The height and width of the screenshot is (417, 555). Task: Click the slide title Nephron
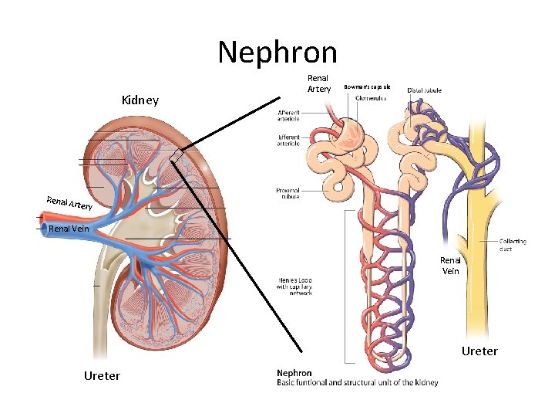(277, 53)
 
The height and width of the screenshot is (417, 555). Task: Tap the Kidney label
(140, 100)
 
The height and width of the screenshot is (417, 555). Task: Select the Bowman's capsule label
(367, 86)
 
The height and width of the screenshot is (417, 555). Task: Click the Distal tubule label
(424, 90)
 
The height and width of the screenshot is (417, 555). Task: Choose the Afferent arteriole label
(288, 116)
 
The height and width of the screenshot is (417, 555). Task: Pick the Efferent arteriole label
(288, 141)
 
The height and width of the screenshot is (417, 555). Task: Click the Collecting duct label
(513, 245)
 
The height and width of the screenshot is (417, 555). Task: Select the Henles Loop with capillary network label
(294, 286)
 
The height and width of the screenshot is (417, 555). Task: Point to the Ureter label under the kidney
(101, 375)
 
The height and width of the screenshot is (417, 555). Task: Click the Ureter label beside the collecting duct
(479, 351)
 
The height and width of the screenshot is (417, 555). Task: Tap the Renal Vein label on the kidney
(69, 229)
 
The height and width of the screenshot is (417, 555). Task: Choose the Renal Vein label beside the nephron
(450, 265)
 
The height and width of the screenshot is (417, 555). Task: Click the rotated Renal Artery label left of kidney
(69, 204)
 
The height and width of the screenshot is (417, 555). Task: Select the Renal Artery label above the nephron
(318, 83)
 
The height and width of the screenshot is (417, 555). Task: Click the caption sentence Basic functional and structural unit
(357, 382)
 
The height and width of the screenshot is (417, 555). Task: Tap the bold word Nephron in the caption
(294, 373)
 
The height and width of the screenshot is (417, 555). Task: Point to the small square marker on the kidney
(178, 156)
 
